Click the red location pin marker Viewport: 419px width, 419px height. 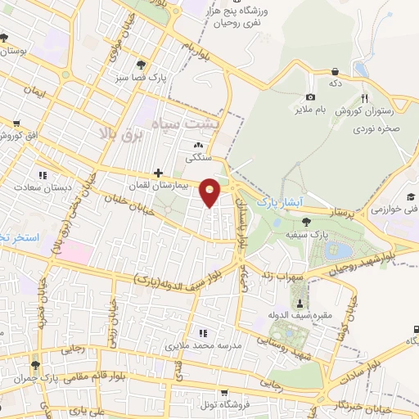coord(211,192)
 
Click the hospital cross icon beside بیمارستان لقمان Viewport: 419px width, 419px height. coord(158,173)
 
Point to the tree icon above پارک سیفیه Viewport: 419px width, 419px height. coord(306,221)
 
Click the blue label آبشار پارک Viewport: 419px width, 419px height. coord(280,200)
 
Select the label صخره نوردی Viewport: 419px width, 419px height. coord(377,128)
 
